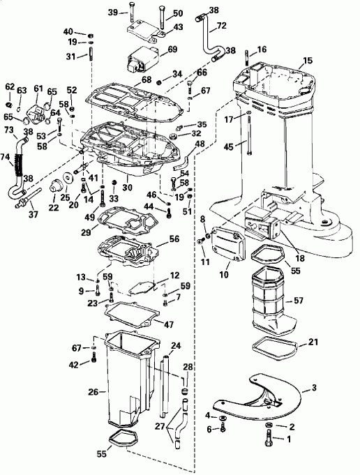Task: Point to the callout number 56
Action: coord(174,238)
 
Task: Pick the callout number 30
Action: coord(126,188)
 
